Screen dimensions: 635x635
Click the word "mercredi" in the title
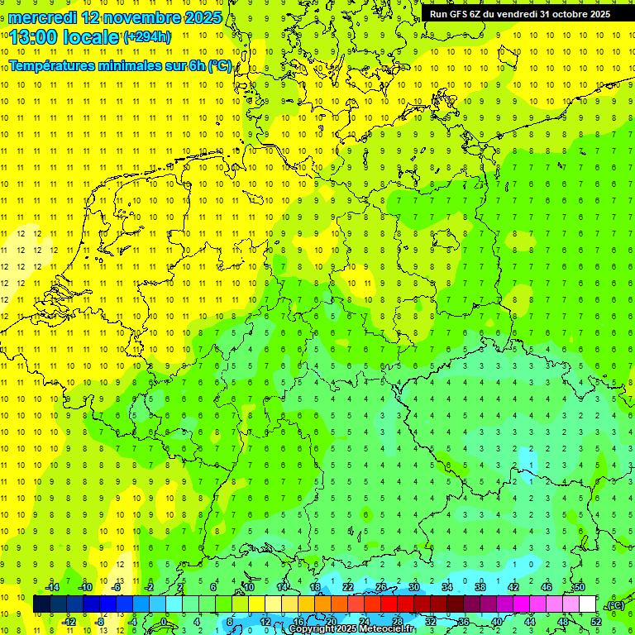point(42,17)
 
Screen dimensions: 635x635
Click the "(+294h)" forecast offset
point(147,37)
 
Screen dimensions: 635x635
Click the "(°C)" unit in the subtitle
point(220,65)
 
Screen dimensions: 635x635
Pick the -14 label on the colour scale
point(53,587)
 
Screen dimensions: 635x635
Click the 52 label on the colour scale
point(595,621)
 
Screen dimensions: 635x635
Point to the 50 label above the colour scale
point(579,587)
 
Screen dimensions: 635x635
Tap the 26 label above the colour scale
point(380,587)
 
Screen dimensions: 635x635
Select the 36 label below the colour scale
point(463,621)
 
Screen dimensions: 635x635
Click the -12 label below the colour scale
point(69,621)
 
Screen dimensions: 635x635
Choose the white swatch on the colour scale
point(587,604)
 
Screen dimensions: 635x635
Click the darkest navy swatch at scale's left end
point(41,604)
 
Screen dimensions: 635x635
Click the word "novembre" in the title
point(140,17)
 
